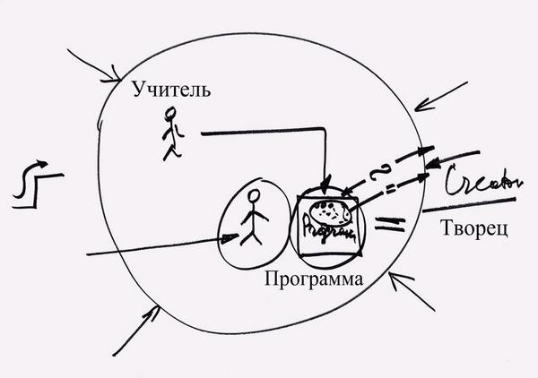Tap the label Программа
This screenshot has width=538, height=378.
[x=314, y=279]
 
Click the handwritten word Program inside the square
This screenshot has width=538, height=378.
[x=326, y=231]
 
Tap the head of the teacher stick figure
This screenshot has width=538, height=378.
[x=173, y=114]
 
